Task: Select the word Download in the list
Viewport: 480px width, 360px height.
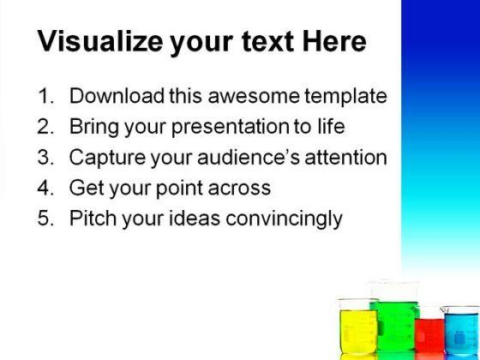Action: coord(112,96)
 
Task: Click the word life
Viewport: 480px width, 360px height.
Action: coord(331,127)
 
